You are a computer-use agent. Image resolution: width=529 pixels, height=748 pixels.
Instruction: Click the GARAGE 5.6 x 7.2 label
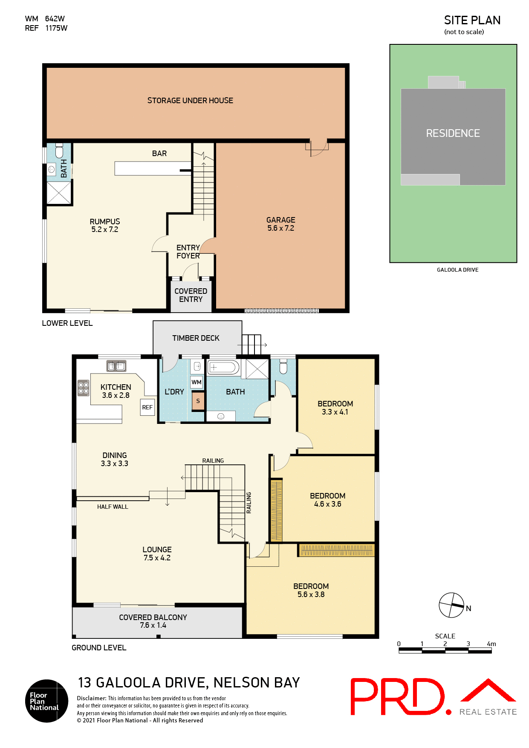click(x=280, y=224)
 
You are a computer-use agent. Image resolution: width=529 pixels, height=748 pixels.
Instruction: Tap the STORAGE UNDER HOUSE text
click(x=190, y=101)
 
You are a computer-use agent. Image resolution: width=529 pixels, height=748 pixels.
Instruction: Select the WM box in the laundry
click(x=196, y=382)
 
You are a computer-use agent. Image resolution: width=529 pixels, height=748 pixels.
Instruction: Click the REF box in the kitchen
click(x=147, y=408)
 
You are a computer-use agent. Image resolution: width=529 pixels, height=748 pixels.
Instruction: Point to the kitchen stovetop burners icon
click(x=83, y=388)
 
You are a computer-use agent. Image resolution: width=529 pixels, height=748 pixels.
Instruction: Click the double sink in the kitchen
click(x=116, y=366)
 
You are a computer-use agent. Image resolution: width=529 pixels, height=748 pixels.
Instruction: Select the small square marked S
click(x=198, y=401)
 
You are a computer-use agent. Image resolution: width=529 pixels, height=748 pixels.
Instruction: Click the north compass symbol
click(x=451, y=605)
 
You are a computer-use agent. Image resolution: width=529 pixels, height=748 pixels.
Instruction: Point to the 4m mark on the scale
click(x=491, y=644)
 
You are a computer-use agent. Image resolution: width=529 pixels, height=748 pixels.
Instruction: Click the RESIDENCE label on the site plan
click(x=453, y=133)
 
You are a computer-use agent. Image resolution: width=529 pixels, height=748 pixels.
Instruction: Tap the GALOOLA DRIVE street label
click(x=457, y=270)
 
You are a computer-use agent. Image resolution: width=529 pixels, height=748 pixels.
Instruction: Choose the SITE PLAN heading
click(x=472, y=20)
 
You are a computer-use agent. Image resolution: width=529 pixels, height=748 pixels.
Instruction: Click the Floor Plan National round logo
click(x=46, y=701)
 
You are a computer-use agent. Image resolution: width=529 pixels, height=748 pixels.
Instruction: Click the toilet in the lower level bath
click(x=59, y=152)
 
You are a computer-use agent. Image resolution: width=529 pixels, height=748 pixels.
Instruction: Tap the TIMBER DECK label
click(x=196, y=338)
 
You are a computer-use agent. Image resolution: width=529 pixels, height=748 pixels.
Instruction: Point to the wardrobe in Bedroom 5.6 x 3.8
click(x=336, y=551)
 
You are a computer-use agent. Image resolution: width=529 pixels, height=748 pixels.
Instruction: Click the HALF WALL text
click(x=113, y=507)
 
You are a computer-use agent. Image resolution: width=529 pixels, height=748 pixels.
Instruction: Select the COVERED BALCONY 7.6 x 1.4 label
click(x=153, y=621)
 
